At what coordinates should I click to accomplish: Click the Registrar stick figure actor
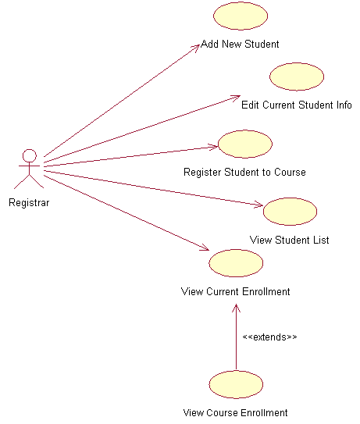(x=30, y=168)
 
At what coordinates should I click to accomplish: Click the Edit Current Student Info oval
(x=297, y=77)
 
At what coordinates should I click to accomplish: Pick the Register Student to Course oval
(x=244, y=144)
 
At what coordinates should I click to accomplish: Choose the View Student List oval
(x=290, y=212)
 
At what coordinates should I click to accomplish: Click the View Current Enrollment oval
(x=236, y=263)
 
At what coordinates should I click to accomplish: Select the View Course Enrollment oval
(x=236, y=384)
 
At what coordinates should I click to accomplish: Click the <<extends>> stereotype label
(x=269, y=337)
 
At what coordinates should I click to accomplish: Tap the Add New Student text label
(x=240, y=44)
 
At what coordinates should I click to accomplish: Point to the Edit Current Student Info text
(x=296, y=105)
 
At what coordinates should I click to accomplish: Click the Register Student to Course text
(x=244, y=172)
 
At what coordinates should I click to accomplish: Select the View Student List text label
(x=289, y=240)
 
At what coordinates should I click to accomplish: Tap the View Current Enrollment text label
(x=235, y=291)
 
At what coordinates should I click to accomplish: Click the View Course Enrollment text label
(x=235, y=412)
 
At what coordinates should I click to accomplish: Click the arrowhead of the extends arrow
(x=236, y=306)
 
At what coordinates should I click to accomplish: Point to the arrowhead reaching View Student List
(x=259, y=205)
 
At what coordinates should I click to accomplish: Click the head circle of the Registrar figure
(x=30, y=155)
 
